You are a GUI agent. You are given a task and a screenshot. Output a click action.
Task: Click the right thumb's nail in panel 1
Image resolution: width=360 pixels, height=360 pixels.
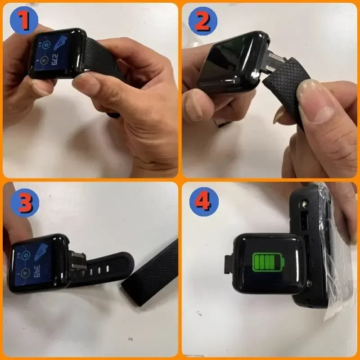88,85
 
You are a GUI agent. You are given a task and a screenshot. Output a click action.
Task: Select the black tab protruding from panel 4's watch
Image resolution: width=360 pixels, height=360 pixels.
228,264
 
